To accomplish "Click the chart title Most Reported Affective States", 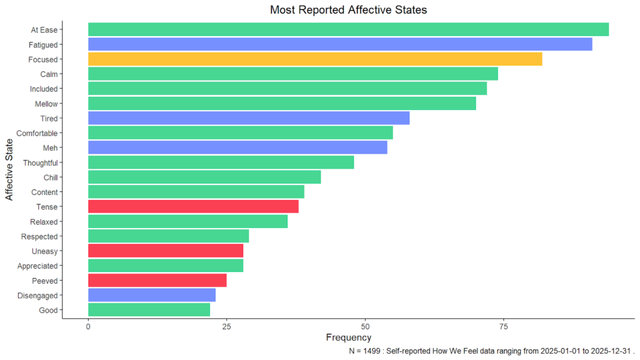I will [348, 10].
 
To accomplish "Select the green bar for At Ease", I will [348, 29].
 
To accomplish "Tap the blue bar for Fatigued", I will [340, 44].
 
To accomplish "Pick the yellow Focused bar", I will [315, 59].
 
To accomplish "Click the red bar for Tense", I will [193, 207].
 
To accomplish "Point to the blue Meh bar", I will [237, 147].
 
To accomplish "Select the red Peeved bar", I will [157, 281].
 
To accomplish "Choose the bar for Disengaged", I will [152, 296].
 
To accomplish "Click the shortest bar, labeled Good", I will [149, 310].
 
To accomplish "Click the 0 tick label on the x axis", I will [88, 327].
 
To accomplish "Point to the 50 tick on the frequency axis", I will [365, 327].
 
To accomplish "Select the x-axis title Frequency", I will [349, 338].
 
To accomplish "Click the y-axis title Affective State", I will [9, 170].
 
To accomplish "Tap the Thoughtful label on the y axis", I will [40, 163].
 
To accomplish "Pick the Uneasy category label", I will [44, 251].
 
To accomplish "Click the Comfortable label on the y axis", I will [37, 133].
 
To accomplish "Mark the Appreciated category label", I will [39, 266].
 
